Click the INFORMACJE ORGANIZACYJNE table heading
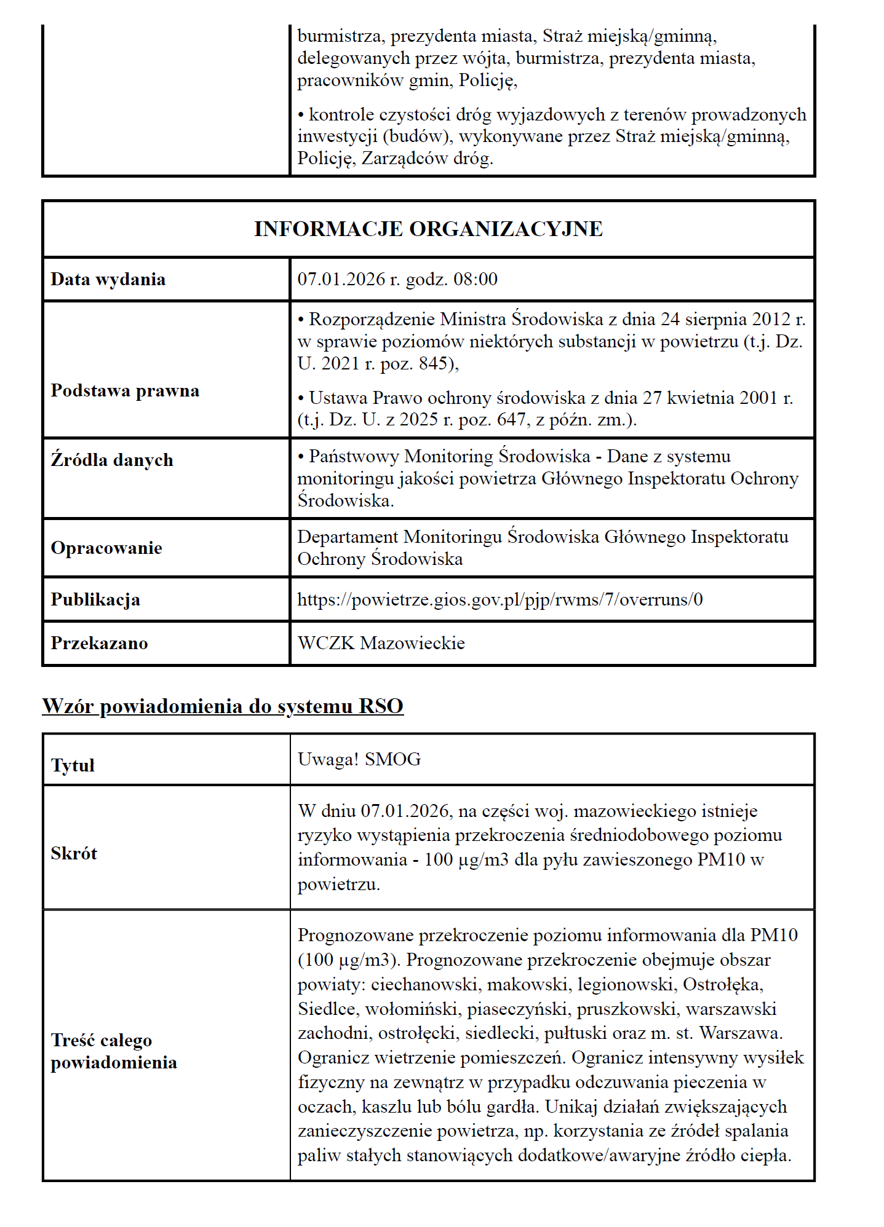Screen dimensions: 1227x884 click(428, 229)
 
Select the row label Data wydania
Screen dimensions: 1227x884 click(108, 279)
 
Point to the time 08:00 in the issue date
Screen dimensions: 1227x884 click(476, 279)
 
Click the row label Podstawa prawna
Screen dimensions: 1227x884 click(125, 390)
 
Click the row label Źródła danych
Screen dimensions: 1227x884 click(112, 460)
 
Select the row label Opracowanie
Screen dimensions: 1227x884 click(106, 548)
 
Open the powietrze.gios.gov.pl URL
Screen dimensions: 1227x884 click(500, 599)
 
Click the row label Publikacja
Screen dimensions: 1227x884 click(95, 599)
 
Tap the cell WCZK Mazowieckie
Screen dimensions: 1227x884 click(381, 643)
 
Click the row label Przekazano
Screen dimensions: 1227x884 click(99, 643)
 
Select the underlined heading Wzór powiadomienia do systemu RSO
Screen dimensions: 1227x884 click(223, 706)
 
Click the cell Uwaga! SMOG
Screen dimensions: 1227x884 click(359, 759)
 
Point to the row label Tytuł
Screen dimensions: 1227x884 click(73, 765)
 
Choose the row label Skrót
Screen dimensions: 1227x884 click(74, 853)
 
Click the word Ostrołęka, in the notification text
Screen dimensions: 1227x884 click(723, 984)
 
